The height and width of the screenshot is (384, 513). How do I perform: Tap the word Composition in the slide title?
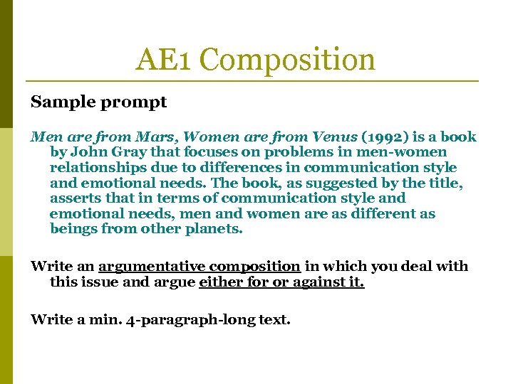pyautogui.click(x=288, y=60)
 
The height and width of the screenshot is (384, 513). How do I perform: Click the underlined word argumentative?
pyautogui.click(x=153, y=267)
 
